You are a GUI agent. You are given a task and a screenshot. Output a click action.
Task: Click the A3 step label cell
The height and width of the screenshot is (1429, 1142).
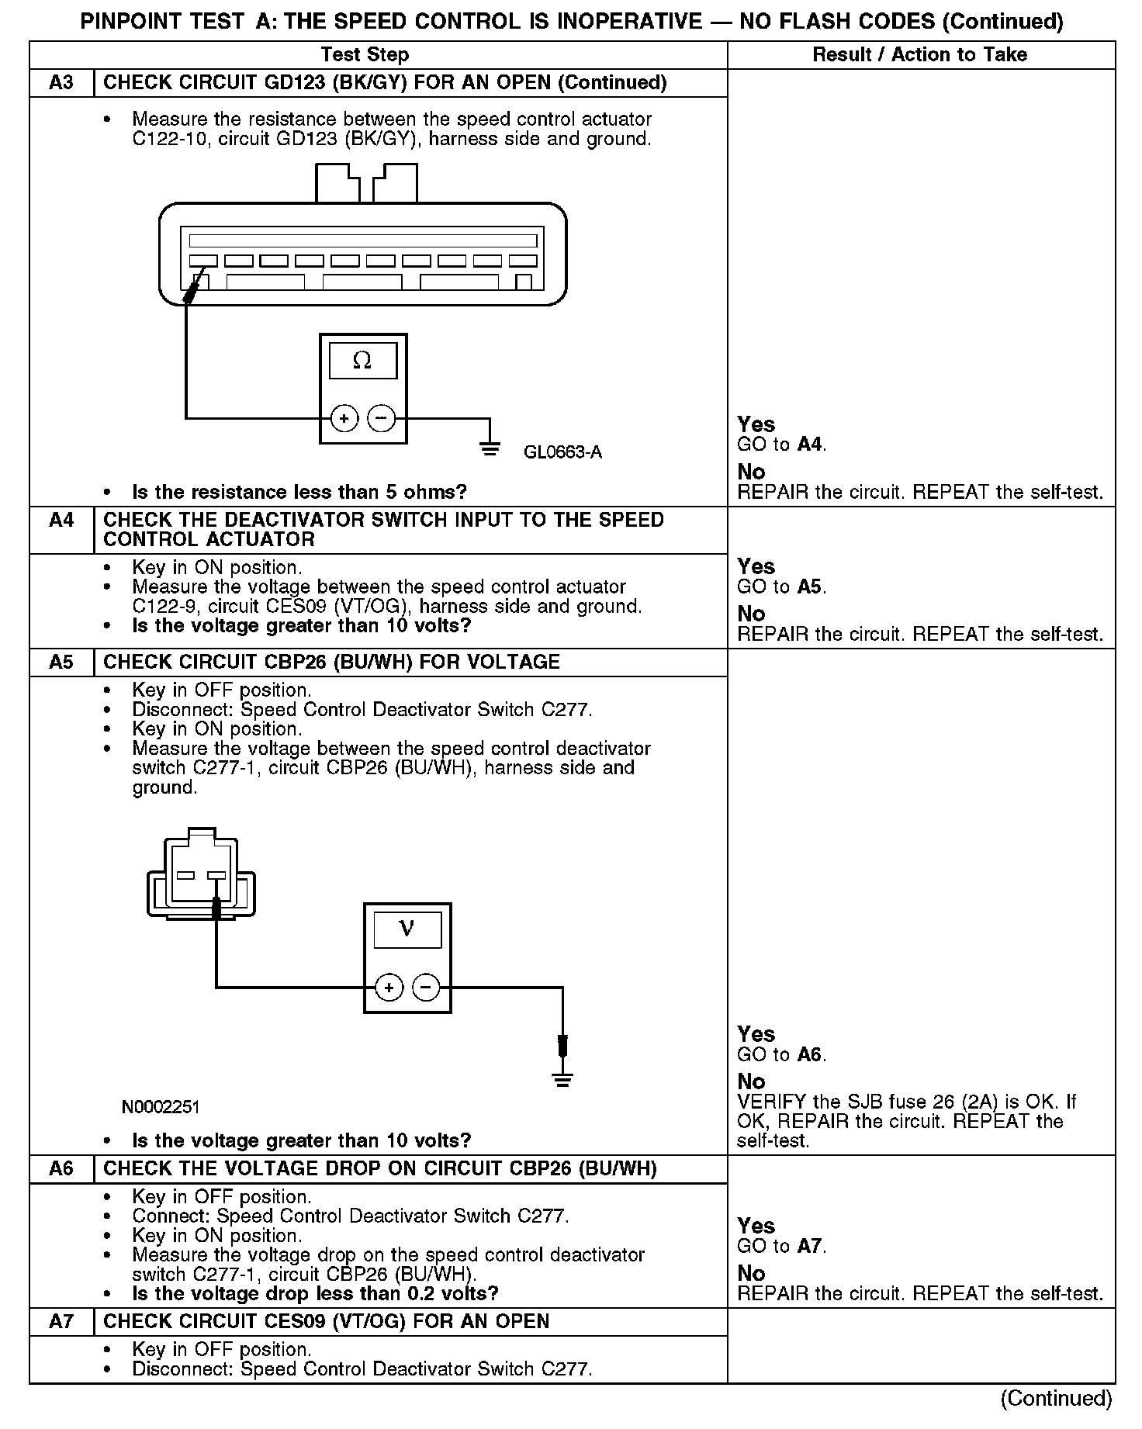61,83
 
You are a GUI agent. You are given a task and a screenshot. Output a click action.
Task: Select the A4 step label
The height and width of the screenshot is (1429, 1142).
61,520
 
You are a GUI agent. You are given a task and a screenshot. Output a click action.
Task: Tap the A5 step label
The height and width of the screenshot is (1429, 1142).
61,662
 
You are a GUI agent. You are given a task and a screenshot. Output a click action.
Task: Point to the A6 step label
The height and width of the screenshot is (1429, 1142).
61,1168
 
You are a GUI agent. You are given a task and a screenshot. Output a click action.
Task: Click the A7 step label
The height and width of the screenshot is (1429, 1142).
61,1321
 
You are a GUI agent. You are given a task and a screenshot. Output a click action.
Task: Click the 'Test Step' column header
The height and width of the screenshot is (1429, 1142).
365,54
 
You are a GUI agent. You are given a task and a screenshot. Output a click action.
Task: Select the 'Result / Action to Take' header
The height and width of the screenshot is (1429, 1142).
919,54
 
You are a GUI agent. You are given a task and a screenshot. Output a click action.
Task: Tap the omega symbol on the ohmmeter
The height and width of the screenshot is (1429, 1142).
362,360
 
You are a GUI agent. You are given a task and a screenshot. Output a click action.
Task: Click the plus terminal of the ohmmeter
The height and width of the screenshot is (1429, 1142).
344,419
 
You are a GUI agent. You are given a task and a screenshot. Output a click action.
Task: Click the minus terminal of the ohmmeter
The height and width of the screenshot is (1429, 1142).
381,419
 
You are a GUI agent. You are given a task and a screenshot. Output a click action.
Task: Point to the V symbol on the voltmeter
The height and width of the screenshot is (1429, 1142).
407,929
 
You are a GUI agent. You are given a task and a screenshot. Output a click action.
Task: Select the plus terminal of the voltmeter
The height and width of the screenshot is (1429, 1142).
389,988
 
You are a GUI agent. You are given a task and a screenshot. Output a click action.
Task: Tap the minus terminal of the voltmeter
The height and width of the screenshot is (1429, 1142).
426,988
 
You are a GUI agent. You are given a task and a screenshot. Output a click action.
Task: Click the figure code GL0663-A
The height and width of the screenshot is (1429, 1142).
562,452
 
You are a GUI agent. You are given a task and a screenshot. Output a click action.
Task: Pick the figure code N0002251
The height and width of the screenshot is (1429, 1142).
161,1106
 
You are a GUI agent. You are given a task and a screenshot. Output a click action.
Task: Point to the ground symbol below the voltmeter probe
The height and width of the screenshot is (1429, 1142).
562,1079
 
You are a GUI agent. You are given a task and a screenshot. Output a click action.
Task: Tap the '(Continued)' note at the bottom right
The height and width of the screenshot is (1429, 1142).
1056,1398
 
